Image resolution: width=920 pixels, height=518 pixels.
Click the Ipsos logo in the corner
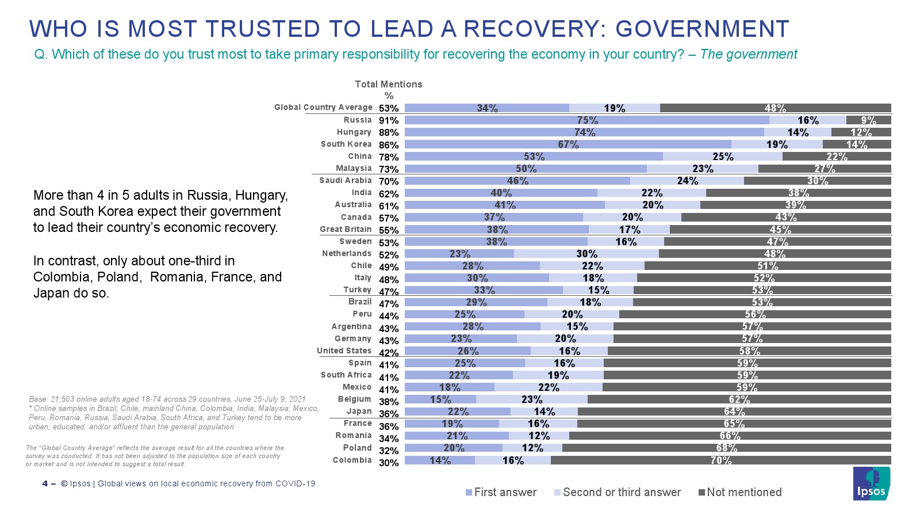(871, 483)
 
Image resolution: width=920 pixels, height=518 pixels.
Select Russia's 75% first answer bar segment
(586, 120)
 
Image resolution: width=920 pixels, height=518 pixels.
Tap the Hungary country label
(354, 132)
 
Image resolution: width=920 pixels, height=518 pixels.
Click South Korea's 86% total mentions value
(389, 145)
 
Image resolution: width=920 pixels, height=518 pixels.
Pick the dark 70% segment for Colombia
(720, 460)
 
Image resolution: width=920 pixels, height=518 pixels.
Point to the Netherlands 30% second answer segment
(586, 254)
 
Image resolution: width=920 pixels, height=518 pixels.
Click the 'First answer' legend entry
(501, 493)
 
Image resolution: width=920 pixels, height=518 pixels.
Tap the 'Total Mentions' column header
(388, 85)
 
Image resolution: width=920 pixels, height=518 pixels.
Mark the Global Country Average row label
(323, 108)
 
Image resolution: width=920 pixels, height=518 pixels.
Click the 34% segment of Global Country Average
(487, 108)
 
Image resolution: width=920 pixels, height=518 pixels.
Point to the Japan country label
(359, 411)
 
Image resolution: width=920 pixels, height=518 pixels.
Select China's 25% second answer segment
(723, 157)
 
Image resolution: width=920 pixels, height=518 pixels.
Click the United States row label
(344, 351)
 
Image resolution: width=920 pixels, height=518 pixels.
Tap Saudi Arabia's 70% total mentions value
(389, 181)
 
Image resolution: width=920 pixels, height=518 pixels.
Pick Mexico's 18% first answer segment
(450, 387)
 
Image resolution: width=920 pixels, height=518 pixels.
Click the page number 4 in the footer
(45, 483)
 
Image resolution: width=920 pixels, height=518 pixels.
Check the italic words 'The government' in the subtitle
(748, 55)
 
